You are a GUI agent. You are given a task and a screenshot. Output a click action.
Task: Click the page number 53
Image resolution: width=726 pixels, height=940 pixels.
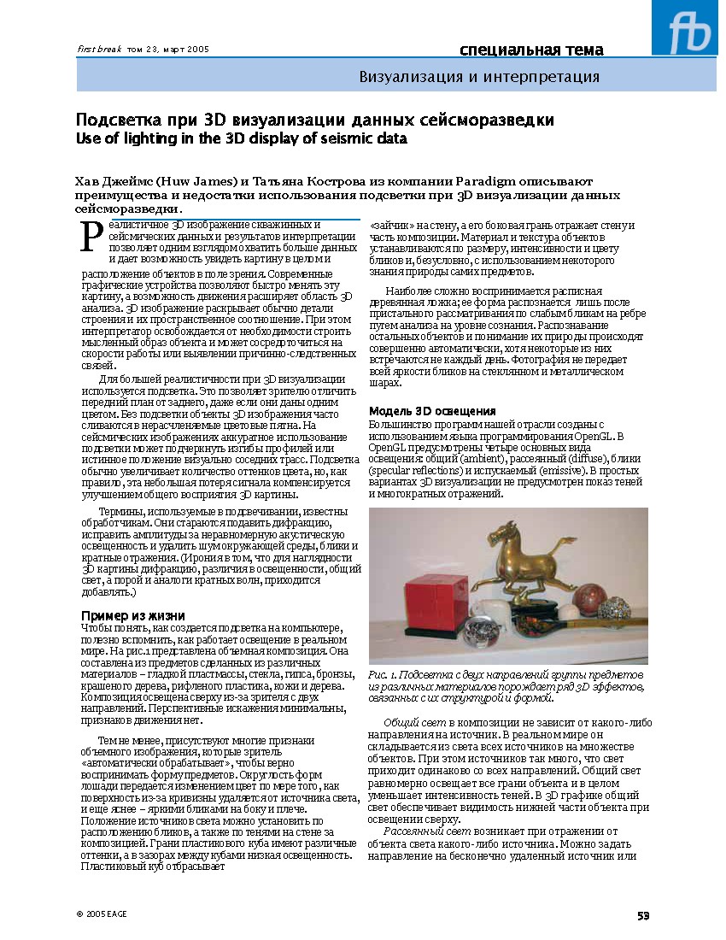[x=643, y=915]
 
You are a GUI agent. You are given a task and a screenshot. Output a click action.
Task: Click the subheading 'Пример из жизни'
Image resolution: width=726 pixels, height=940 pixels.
[x=132, y=615]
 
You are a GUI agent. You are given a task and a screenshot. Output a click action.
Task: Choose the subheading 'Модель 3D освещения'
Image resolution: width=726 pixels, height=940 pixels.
[x=432, y=411]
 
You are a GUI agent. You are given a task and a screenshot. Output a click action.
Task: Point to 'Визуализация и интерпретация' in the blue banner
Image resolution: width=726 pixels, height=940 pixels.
[x=479, y=77]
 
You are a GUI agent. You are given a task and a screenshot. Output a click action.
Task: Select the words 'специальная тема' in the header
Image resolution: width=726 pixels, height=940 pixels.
[x=531, y=50]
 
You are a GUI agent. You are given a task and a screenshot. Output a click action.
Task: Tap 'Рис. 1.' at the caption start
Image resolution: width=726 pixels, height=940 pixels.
[x=384, y=675]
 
